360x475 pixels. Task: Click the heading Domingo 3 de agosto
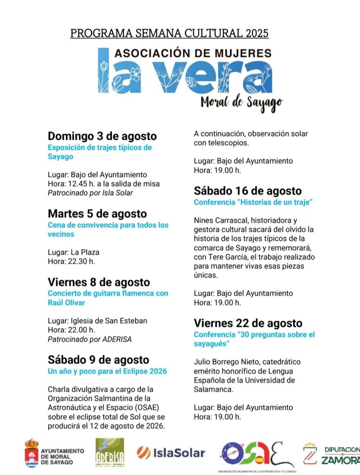pos(102,137)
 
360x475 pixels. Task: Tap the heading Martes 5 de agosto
pos(97,214)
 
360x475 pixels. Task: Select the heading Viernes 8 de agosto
pos(99,282)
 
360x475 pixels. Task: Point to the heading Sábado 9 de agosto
pos(98,360)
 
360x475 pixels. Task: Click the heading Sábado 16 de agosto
pos(248,191)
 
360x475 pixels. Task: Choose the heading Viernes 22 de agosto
pos(248,323)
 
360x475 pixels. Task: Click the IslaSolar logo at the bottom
pos(171,453)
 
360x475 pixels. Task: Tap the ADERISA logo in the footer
pos(109,453)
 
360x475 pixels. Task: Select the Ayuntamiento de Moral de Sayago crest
pos(32,453)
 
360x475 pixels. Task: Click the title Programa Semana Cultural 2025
pos(169,33)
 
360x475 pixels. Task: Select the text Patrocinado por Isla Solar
pos(90,193)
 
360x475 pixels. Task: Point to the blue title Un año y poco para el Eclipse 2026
pos(107,371)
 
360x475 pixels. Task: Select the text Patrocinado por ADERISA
pos(90,339)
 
